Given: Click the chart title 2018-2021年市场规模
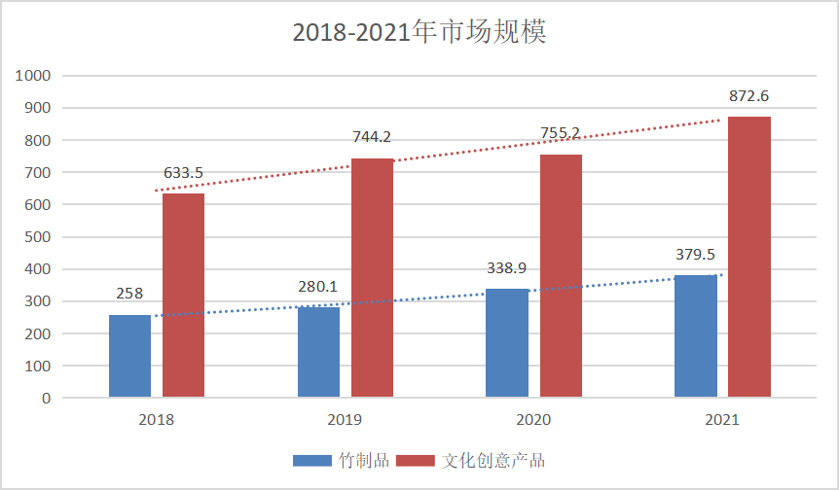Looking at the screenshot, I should click(x=419, y=32).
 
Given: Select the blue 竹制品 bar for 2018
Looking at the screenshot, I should click(x=129, y=356).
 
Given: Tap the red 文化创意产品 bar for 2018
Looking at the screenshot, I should click(x=183, y=295).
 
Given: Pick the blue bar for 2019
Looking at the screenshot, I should click(x=318, y=352).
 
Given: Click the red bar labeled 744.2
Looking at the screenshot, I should click(x=372, y=277).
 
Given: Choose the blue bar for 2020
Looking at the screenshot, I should click(x=506, y=342).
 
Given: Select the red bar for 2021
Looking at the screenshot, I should click(x=748, y=257).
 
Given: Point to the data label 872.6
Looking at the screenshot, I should click(x=748, y=96).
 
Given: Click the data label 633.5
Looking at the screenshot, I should click(x=183, y=173).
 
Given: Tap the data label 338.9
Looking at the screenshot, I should click(x=506, y=267).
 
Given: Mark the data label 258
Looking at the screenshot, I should click(x=129, y=294).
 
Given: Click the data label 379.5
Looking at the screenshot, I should click(x=695, y=255).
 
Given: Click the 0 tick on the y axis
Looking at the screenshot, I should click(x=45, y=398).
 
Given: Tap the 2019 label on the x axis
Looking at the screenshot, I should click(x=345, y=420).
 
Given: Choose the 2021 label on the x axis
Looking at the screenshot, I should click(x=721, y=420).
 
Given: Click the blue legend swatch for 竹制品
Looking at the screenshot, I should click(x=312, y=460).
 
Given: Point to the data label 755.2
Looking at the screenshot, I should click(x=560, y=133).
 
